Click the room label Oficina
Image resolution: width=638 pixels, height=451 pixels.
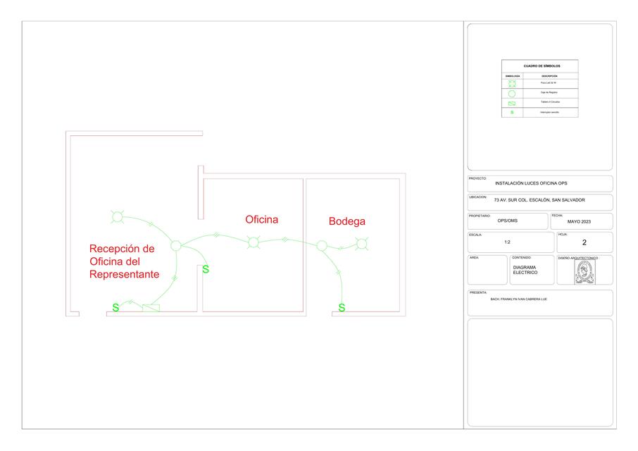point(261,220)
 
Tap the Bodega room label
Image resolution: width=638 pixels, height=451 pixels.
point(347,222)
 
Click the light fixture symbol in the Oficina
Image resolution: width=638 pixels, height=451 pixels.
point(253,243)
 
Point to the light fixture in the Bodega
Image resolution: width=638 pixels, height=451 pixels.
point(362,244)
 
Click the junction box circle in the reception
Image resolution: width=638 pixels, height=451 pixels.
point(176,246)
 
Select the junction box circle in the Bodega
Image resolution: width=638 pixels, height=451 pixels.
point(322,246)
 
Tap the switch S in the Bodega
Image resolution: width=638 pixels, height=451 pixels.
point(342,308)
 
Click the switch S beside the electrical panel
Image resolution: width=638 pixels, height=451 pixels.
point(115,308)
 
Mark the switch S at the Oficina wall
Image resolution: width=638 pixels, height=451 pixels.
point(205,269)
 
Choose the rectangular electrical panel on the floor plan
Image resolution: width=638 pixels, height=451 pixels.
point(151,308)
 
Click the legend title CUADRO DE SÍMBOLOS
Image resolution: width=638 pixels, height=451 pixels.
point(539,66)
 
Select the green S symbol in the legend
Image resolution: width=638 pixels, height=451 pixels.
point(512,112)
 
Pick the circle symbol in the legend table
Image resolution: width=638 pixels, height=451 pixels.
point(512,93)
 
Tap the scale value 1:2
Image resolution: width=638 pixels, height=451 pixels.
point(507,242)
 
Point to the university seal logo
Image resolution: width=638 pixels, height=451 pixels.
point(584,272)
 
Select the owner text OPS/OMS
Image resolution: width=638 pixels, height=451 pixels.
point(507,221)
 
